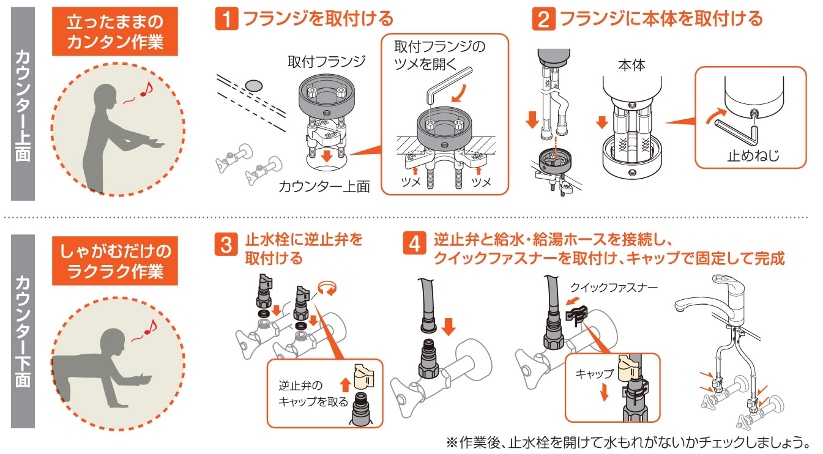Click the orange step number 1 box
pyautogui.click(x=226, y=19)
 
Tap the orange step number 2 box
pyautogui.click(x=543, y=19)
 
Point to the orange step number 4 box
pyautogui.click(x=414, y=243)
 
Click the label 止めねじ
pyautogui.click(x=753, y=156)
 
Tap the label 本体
pyautogui.click(x=631, y=65)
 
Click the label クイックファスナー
pyautogui.click(x=614, y=287)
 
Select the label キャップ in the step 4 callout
pyautogui.click(x=594, y=374)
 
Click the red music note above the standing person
pyautogui.click(x=147, y=89)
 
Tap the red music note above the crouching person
pyautogui.click(x=151, y=327)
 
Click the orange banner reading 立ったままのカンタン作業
pyautogui.click(x=114, y=32)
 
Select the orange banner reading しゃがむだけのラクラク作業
pyautogui.click(x=114, y=261)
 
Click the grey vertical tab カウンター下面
pyautogui.click(x=23, y=331)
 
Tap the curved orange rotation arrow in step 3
pyautogui.click(x=327, y=288)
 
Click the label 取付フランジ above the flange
pyautogui.click(x=326, y=61)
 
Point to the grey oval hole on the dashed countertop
pyautogui.click(x=253, y=86)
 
